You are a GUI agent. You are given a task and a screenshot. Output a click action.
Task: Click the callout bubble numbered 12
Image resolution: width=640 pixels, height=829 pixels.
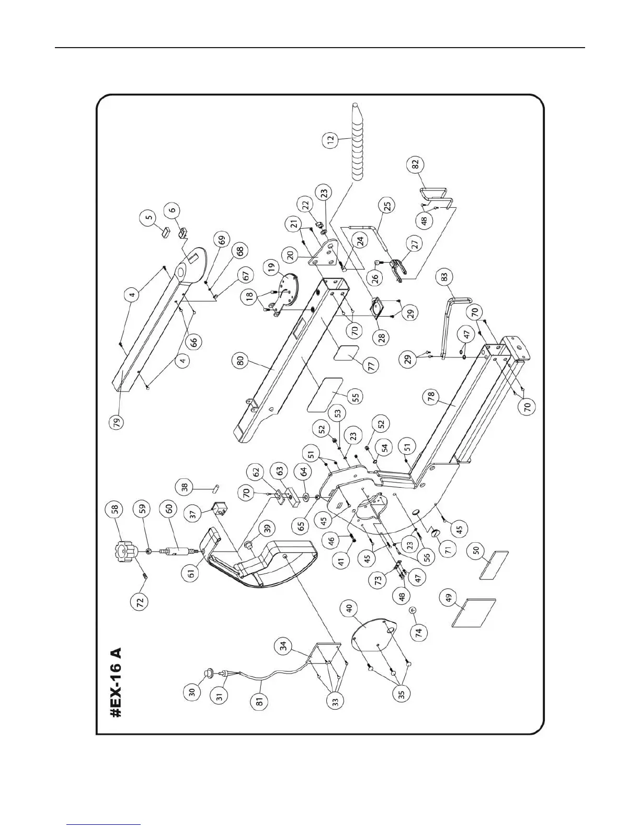[330, 140]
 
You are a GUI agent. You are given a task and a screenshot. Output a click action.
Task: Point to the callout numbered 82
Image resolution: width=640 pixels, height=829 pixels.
[415, 164]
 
